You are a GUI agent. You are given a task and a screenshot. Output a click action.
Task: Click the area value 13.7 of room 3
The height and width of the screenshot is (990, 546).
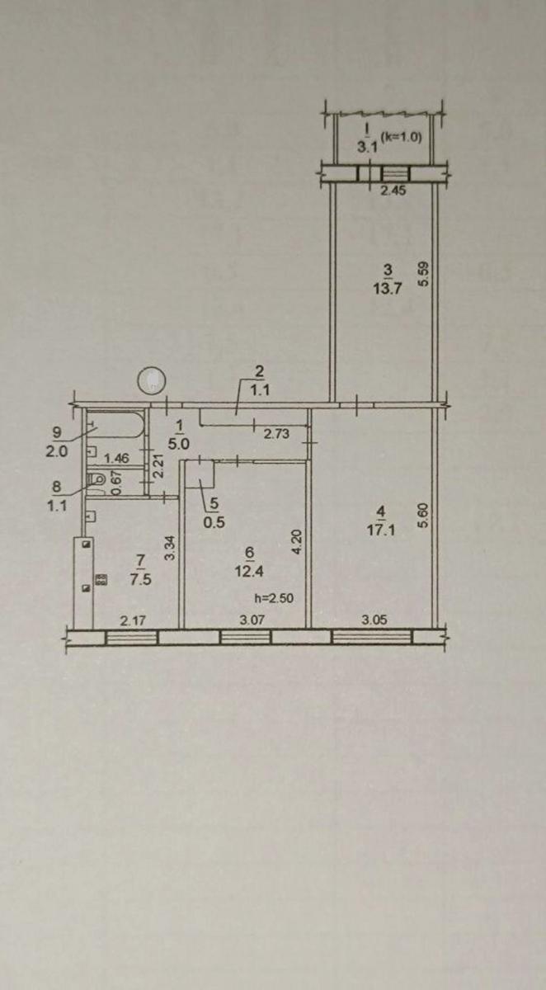click(x=388, y=289)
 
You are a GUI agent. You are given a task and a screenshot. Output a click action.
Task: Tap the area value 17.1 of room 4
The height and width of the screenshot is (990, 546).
click(x=381, y=530)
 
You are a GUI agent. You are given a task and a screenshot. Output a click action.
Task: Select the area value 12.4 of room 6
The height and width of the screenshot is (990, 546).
click(x=249, y=571)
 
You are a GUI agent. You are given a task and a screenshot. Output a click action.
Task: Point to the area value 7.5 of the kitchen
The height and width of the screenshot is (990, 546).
click(x=141, y=579)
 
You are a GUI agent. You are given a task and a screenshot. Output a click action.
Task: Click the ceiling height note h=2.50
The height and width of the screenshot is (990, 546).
click(x=275, y=598)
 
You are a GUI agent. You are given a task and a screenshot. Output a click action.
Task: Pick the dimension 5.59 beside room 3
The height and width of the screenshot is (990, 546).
click(x=423, y=275)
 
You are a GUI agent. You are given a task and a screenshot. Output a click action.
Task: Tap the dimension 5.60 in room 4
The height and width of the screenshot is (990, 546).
click(x=424, y=516)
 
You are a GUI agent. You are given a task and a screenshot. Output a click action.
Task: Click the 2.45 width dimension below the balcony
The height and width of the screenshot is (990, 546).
click(x=393, y=191)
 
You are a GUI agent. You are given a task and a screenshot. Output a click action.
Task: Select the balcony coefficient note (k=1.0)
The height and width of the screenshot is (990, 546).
click(x=402, y=137)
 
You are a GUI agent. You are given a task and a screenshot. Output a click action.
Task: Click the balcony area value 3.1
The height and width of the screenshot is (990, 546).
click(x=368, y=147)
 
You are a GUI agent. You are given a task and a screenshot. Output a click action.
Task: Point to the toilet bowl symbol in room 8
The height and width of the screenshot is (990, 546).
click(x=96, y=479)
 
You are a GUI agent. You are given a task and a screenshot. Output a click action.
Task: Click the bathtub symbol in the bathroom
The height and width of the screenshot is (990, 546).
click(x=115, y=425)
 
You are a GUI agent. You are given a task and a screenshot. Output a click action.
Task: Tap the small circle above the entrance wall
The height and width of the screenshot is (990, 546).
click(x=152, y=380)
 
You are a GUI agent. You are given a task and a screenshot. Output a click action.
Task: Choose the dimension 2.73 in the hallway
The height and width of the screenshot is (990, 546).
click(x=276, y=434)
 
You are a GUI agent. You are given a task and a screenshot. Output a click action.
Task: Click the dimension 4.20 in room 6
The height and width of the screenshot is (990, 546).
click(x=297, y=542)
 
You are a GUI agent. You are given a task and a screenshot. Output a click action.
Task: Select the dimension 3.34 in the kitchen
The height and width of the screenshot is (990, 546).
click(x=170, y=548)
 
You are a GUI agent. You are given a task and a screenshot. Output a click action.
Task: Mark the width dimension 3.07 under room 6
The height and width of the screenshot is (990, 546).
click(x=252, y=620)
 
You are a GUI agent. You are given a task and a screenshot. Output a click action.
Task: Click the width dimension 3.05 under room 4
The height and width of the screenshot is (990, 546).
click(x=374, y=620)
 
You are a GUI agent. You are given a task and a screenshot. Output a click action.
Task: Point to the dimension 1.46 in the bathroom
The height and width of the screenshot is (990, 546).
click(x=116, y=458)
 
